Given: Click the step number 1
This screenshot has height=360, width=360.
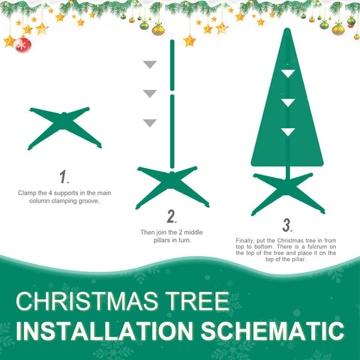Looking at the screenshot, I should coord(64,177).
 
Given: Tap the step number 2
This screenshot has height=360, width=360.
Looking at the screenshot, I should coord(171,217).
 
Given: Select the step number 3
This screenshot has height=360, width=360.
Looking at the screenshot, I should coord(286,224).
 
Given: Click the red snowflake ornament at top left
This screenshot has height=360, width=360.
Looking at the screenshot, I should coord(22,44).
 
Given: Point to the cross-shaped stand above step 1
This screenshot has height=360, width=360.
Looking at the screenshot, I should coord(64,130).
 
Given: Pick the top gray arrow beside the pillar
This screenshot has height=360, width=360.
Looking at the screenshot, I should coord(150,65).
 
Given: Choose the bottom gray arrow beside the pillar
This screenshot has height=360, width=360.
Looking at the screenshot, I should coord(150,122).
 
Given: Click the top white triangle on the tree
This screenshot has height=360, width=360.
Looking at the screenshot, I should coord(287,73).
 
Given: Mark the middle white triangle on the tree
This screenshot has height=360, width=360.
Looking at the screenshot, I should coord(287,102).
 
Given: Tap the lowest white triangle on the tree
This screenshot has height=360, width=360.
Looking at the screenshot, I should coord(287,132).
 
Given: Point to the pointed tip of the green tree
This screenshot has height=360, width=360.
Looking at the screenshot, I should coord(287,31).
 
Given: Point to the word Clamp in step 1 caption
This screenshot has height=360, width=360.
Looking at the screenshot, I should coord(26,193).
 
